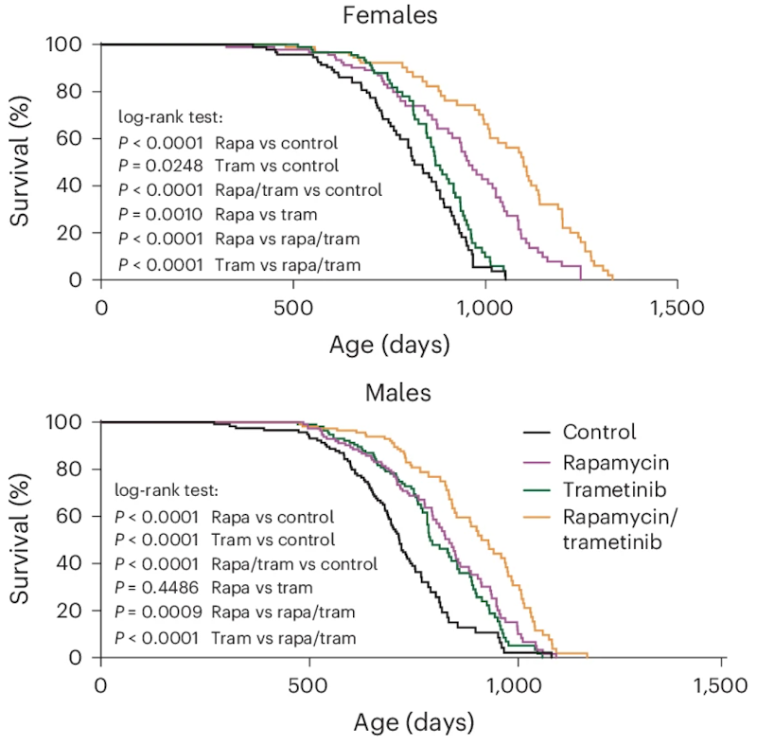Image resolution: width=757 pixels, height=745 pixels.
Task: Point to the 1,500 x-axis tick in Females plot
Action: [x=678, y=308]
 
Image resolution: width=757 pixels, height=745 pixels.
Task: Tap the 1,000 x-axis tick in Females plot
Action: [x=484, y=308]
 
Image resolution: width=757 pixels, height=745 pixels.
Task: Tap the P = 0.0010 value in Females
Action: [x=161, y=212]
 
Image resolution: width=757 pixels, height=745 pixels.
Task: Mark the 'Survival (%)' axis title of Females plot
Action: [x=22, y=162]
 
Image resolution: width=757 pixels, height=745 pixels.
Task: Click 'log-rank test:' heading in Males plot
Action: [x=167, y=491]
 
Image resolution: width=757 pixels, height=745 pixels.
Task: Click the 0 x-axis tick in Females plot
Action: [x=101, y=308]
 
